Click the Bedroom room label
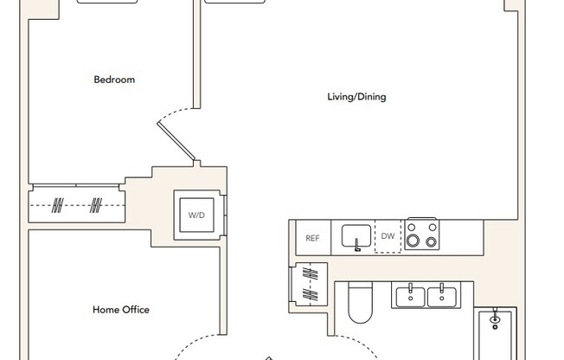[x=114, y=80]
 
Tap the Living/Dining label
[x=356, y=97]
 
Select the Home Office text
[x=121, y=310]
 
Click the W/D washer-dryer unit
[x=195, y=215]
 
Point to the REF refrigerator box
[x=312, y=237]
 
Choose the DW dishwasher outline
[x=388, y=236]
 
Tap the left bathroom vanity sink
[x=410, y=295]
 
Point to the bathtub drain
[x=494, y=319]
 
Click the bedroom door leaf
[x=177, y=141]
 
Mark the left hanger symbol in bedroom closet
[x=58, y=206]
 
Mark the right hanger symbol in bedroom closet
[x=97, y=206]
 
